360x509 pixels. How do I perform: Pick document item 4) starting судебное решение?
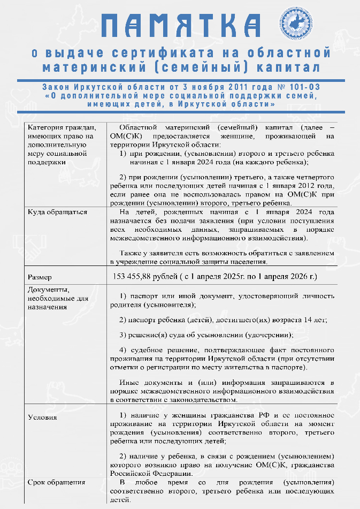[222, 360]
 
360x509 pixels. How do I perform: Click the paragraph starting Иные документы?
[222, 391]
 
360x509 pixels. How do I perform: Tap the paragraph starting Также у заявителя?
[222, 256]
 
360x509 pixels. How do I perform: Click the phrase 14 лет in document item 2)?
[315, 320]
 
